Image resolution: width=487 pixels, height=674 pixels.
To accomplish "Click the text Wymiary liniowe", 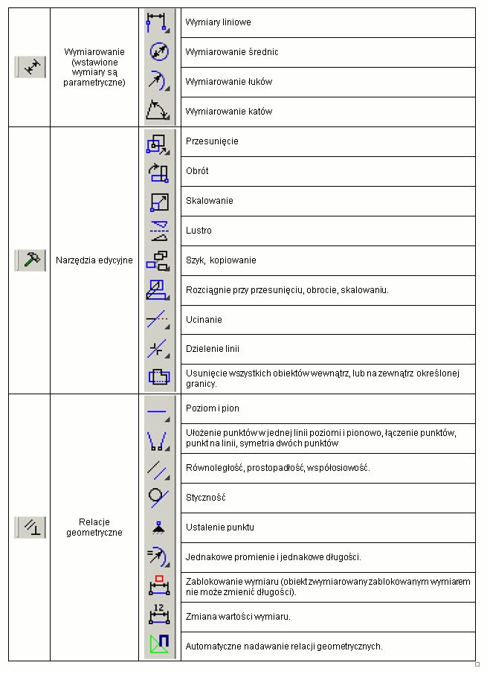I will (218, 22).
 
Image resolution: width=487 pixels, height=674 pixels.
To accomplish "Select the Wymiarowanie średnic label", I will (232, 52).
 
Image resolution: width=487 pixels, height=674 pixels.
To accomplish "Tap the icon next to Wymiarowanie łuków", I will (158, 81).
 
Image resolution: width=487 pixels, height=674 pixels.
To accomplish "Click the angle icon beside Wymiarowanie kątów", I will (158, 111).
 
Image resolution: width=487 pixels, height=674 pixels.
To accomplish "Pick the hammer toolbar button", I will (30, 260).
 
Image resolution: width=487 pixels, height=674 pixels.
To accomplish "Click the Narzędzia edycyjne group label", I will (94, 260).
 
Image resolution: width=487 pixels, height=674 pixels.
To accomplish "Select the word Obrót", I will (197, 171).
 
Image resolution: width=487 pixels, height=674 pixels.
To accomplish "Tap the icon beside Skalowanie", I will (158, 201).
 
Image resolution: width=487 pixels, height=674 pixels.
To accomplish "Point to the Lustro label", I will (199, 231).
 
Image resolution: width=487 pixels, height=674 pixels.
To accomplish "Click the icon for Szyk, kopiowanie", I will (158, 260).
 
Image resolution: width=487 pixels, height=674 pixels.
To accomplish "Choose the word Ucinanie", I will (204, 320).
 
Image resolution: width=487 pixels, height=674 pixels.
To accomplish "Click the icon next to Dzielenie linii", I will (158, 349).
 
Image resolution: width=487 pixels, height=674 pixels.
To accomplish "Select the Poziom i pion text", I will (212, 408).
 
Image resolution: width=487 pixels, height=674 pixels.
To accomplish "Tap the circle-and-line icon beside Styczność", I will (158, 497).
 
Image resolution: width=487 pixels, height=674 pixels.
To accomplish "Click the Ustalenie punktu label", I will (219, 527).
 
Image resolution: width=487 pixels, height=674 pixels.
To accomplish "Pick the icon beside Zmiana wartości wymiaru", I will (158, 616).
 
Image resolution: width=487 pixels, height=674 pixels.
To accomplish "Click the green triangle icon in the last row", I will (158, 645).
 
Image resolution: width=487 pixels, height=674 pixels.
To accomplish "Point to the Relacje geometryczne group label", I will (94, 527).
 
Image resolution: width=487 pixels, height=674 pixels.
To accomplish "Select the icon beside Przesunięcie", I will (158, 141).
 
